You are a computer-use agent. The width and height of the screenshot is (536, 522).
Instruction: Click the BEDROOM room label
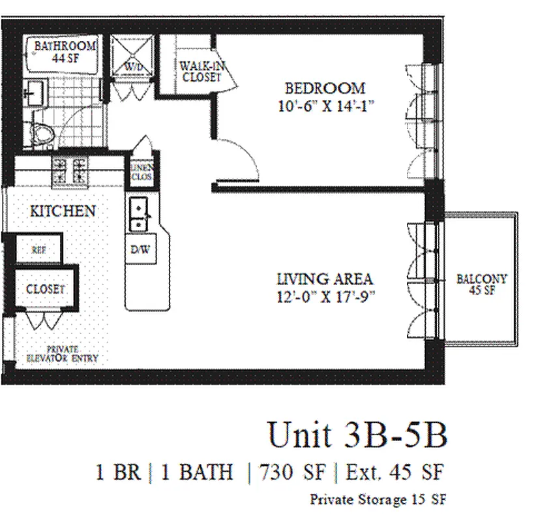coord(324,88)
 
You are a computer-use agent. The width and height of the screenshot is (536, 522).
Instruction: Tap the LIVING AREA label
coord(325,279)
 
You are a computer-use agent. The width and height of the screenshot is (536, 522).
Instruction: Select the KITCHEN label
coord(63,211)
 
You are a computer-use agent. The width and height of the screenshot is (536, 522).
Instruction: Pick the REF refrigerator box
coord(38,249)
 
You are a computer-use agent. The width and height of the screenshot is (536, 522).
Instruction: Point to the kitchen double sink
coord(139,215)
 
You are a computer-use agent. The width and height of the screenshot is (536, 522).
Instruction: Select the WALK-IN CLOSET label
coord(201,70)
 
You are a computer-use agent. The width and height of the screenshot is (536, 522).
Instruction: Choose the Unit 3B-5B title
coord(357,435)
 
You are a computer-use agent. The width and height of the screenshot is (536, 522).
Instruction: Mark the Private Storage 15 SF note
coord(378,500)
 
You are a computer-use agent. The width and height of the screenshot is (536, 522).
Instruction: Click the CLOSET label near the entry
coord(45,288)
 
